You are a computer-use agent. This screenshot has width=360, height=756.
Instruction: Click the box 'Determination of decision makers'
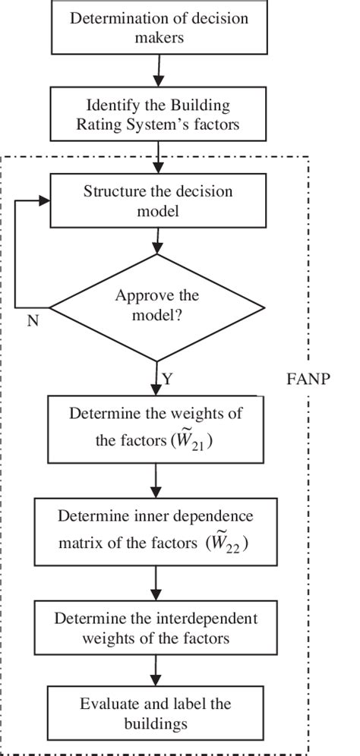tap(158, 28)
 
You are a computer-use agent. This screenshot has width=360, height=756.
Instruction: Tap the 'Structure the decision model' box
tap(157, 201)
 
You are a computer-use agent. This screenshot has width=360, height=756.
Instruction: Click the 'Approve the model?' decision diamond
tap(157, 307)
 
